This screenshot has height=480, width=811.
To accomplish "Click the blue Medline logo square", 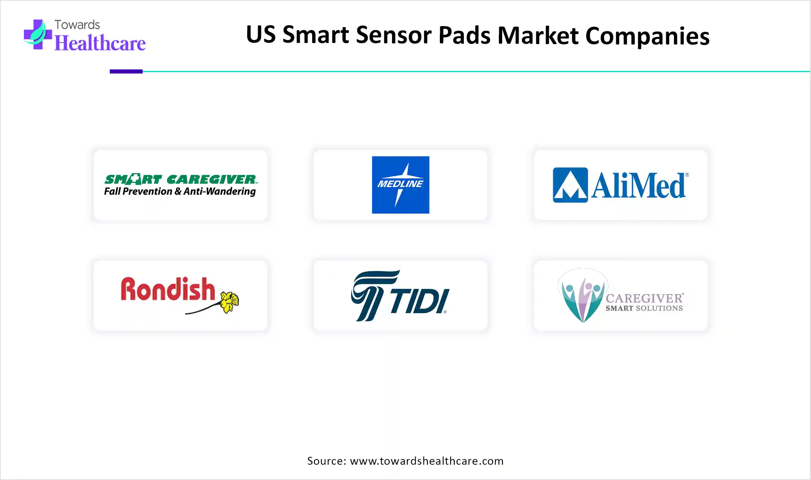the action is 400,185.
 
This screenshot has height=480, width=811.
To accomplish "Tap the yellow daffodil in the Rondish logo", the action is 229,302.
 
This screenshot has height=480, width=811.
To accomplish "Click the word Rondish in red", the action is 168,289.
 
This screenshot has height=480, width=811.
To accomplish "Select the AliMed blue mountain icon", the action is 570,185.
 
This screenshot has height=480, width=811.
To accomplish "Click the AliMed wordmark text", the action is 640,185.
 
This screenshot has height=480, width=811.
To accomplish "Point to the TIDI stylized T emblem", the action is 375,296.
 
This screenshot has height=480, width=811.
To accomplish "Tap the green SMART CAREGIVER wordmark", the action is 181,179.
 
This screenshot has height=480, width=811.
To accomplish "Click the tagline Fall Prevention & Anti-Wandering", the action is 180,191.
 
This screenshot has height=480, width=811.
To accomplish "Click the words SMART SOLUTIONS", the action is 644,308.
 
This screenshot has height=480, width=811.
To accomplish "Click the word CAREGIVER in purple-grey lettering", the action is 644,298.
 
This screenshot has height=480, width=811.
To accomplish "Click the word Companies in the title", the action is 647,36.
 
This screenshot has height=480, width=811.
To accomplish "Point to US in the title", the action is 261,34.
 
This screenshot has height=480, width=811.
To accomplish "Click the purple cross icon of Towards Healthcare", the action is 38,34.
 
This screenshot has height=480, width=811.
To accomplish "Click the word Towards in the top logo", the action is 77,25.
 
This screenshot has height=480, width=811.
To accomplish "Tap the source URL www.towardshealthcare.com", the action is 427,461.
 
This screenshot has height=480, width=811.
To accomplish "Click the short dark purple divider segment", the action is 126,71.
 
